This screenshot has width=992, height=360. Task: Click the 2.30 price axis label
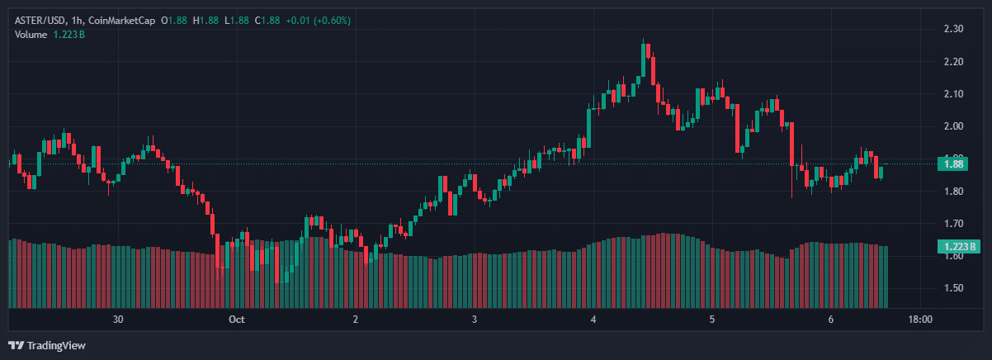[x=953, y=29]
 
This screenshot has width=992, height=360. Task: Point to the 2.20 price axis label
[x=953, y=61]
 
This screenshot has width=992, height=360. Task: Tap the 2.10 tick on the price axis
[x=953, y=93]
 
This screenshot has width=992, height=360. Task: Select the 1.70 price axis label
[x=953, y=223]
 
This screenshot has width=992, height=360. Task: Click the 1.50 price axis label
[x=953, y=288]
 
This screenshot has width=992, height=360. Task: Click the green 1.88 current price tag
[x=954, y=163]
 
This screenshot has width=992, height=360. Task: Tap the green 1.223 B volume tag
[x=957, y=246]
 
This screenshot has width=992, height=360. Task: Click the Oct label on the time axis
[x=237, y=319]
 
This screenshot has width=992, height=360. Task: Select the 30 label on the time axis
[x=118, y=319]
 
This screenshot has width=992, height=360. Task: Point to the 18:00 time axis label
[x=920, y=319]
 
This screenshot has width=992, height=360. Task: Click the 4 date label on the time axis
[x=593, y=319]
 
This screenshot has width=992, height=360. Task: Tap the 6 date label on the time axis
[x=831, y=319]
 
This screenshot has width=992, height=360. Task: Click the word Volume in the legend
[x=30, y=34]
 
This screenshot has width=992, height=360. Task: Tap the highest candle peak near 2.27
[x=644, y=41]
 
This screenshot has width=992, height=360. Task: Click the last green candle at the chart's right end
[x=881, y=172]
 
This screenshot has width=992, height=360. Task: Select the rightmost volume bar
[x=886, y=277]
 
